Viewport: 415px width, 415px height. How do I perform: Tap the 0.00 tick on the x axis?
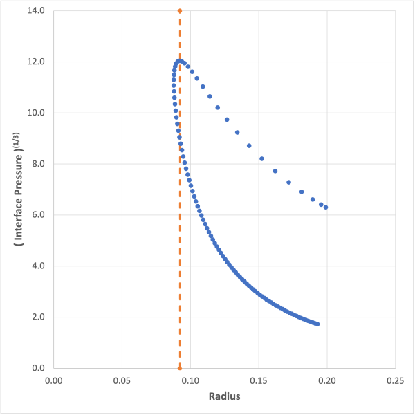point(53,380)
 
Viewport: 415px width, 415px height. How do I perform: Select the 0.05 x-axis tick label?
point(122,380)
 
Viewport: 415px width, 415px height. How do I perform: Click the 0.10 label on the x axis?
point(190,380)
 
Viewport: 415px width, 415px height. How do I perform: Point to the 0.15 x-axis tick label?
point(259,380)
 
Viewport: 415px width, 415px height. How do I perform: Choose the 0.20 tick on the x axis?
point(327,380)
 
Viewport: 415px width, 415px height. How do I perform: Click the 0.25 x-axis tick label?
point(395,380)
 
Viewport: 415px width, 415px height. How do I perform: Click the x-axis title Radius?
point(224,398)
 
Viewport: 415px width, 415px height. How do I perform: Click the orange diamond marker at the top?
point(180,11)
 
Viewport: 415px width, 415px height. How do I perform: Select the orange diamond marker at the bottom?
point(180,368)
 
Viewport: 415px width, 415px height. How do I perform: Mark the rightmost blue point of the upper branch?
point(326,207)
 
